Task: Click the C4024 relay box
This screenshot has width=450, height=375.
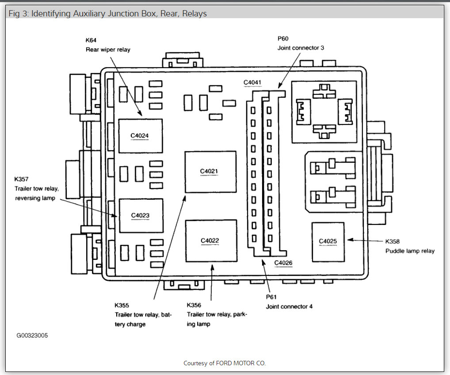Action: [140, 136]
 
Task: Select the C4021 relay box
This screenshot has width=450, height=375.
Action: [210, 171]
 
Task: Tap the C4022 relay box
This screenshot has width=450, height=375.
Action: [211, 241]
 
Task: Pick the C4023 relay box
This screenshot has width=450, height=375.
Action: [141, 216]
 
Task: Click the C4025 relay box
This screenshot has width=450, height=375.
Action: [328, 242]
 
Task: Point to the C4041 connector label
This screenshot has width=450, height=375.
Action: [253, 82]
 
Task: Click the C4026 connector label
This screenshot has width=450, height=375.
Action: [283, 263]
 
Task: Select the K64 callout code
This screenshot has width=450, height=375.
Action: [91, 40]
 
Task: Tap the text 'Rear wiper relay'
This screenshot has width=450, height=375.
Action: [108, 50]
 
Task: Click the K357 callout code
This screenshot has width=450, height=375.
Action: [21, 179]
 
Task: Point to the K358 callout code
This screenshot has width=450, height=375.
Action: [393, 242]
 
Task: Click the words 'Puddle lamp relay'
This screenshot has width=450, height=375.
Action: [410, 251]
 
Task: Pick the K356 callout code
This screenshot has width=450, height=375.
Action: [194, 305]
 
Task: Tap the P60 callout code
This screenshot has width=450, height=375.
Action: [283, 39]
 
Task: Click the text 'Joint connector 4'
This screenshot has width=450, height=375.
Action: [289, 306]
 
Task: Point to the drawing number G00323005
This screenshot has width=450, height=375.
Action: [32, 336]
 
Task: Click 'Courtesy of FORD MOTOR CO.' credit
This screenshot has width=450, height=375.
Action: [225, 363]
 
